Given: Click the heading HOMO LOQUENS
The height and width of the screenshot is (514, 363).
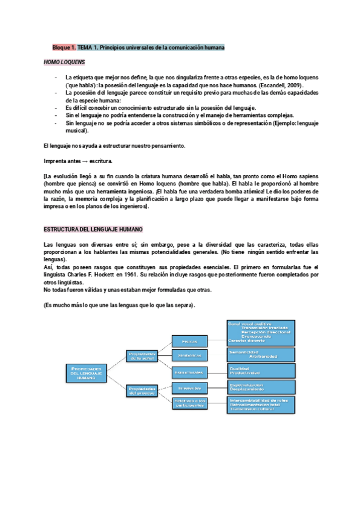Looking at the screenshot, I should click(65, 62).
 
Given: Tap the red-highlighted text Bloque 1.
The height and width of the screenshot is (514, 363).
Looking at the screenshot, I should click(64, 47).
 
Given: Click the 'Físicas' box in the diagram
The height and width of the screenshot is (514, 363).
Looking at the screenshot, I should click(190, 342).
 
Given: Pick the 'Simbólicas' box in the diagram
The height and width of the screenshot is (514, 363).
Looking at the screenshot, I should click(190, 355).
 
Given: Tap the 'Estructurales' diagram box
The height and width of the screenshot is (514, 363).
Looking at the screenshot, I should click(190, 371).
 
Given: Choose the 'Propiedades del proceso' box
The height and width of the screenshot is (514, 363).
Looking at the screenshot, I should click(143, 391).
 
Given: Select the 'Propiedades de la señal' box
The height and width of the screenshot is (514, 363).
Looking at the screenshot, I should click(143, 356).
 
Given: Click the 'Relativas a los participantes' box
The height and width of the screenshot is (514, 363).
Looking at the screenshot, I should click(190, 402).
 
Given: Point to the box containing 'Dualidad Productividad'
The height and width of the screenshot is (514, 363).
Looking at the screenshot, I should click(261, 370).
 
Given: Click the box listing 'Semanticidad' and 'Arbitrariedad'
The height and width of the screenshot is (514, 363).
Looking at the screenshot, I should click(261, 354).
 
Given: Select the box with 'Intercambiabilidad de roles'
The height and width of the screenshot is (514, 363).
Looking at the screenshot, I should click(261, 405).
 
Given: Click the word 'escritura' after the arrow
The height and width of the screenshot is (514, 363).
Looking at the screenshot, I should click(100, 162).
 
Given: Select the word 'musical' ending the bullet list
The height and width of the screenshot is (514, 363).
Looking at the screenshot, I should click(77, 130).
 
